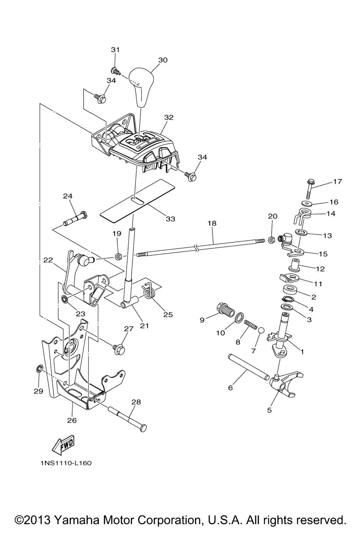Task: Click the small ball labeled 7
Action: [261, 331]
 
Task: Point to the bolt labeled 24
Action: [75, 219]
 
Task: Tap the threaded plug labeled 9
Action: [225, 309]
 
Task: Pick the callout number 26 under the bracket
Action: [72, 420]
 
